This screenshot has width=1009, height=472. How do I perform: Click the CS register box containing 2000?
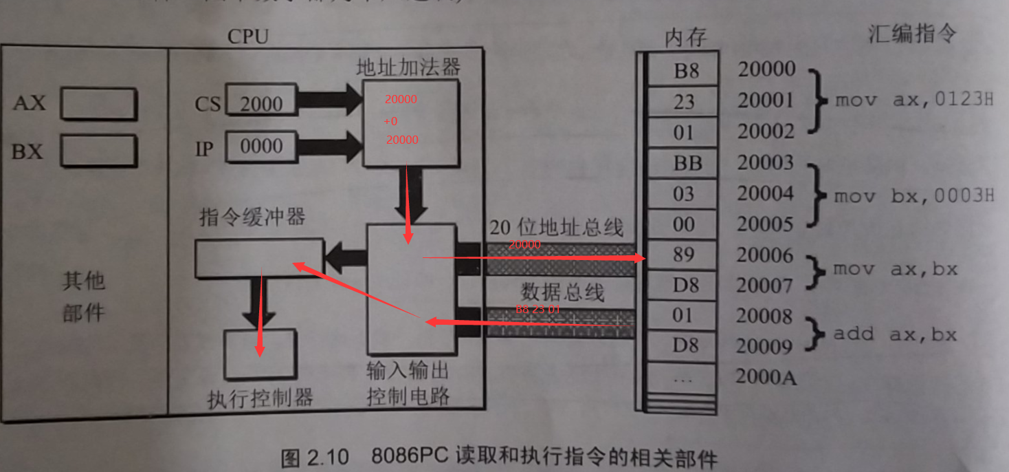[x=261, y=103]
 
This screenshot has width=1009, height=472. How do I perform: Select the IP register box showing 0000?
[x=261, y=146]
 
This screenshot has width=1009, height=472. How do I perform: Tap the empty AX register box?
[x=98, y=104]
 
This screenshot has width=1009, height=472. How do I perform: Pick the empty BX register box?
[x=98, y=151]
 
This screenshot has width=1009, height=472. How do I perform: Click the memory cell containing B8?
[x=683, y=70]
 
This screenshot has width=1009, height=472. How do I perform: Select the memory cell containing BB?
[x=683, y=163]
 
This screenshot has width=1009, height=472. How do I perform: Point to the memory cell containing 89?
[x=683, y=255]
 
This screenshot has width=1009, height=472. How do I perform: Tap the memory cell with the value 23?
[x=683, y=102]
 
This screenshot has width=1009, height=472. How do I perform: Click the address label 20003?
[x=766, y=163]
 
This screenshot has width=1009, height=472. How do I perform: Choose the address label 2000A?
[x=766, y=376]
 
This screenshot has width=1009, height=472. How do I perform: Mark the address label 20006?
[x=766, y=255]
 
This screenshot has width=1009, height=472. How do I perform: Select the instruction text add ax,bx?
[x=895, y=334]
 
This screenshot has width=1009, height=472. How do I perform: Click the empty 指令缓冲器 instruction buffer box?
[x=258, y=257]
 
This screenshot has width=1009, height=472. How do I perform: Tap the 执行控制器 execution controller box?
[x=261, y=354]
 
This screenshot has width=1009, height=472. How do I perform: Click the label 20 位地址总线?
[x=556, y=228]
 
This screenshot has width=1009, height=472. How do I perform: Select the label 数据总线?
[x=562, y=292]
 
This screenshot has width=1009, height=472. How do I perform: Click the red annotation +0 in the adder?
[x=390, y=121]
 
